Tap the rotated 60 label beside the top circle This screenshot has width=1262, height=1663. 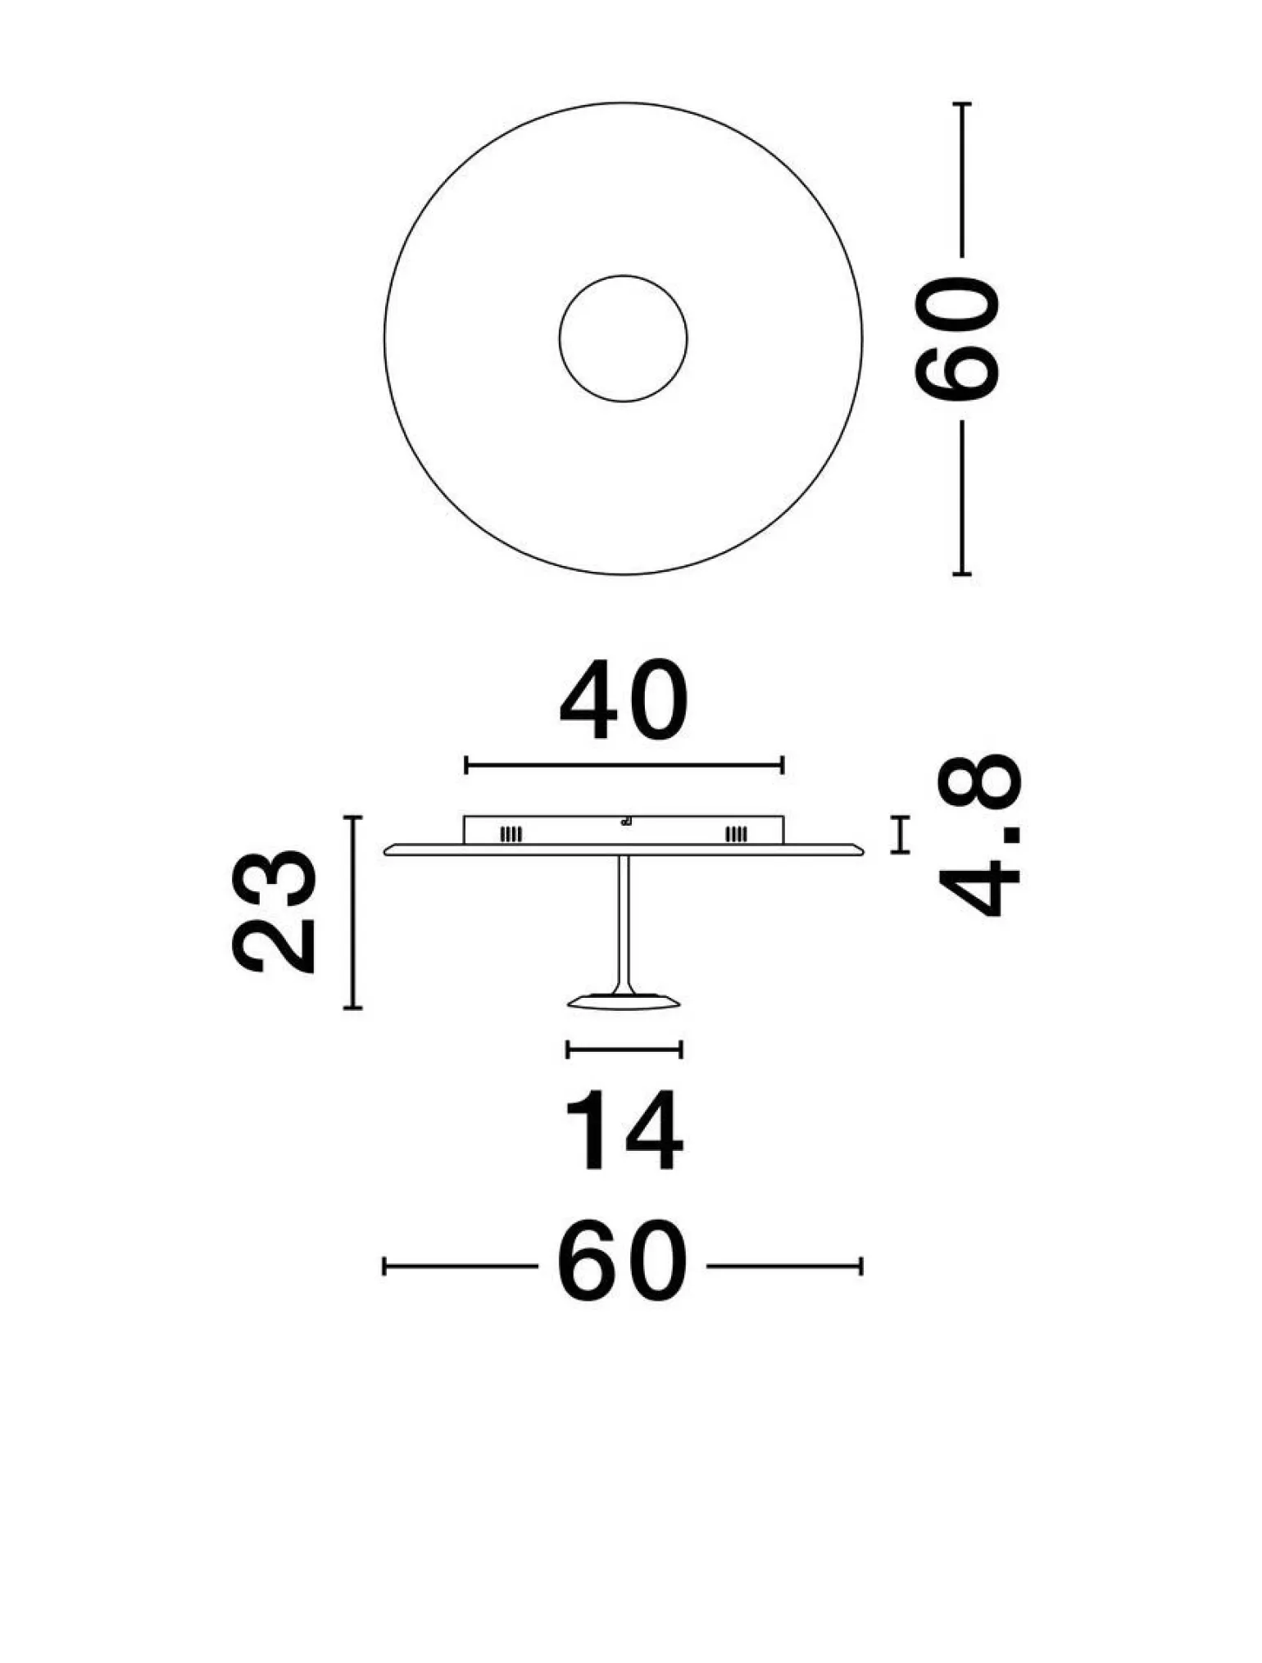coord(958,339)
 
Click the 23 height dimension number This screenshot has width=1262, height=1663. coord(275,912)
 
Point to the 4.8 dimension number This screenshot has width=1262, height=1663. coord(980,835)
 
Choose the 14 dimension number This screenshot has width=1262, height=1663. coord(624,1131)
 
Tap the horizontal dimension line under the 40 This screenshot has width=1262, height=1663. coord(624,766)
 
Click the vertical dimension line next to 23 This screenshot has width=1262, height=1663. coord(353,912)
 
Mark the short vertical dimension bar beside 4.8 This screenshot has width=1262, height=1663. coord(900,835)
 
